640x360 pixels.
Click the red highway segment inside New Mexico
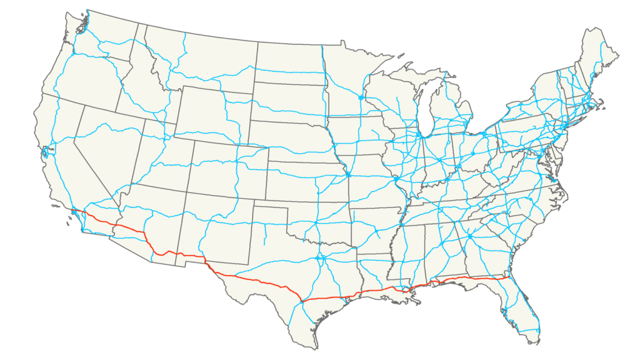pyautogui.click(x=187, y=256)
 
